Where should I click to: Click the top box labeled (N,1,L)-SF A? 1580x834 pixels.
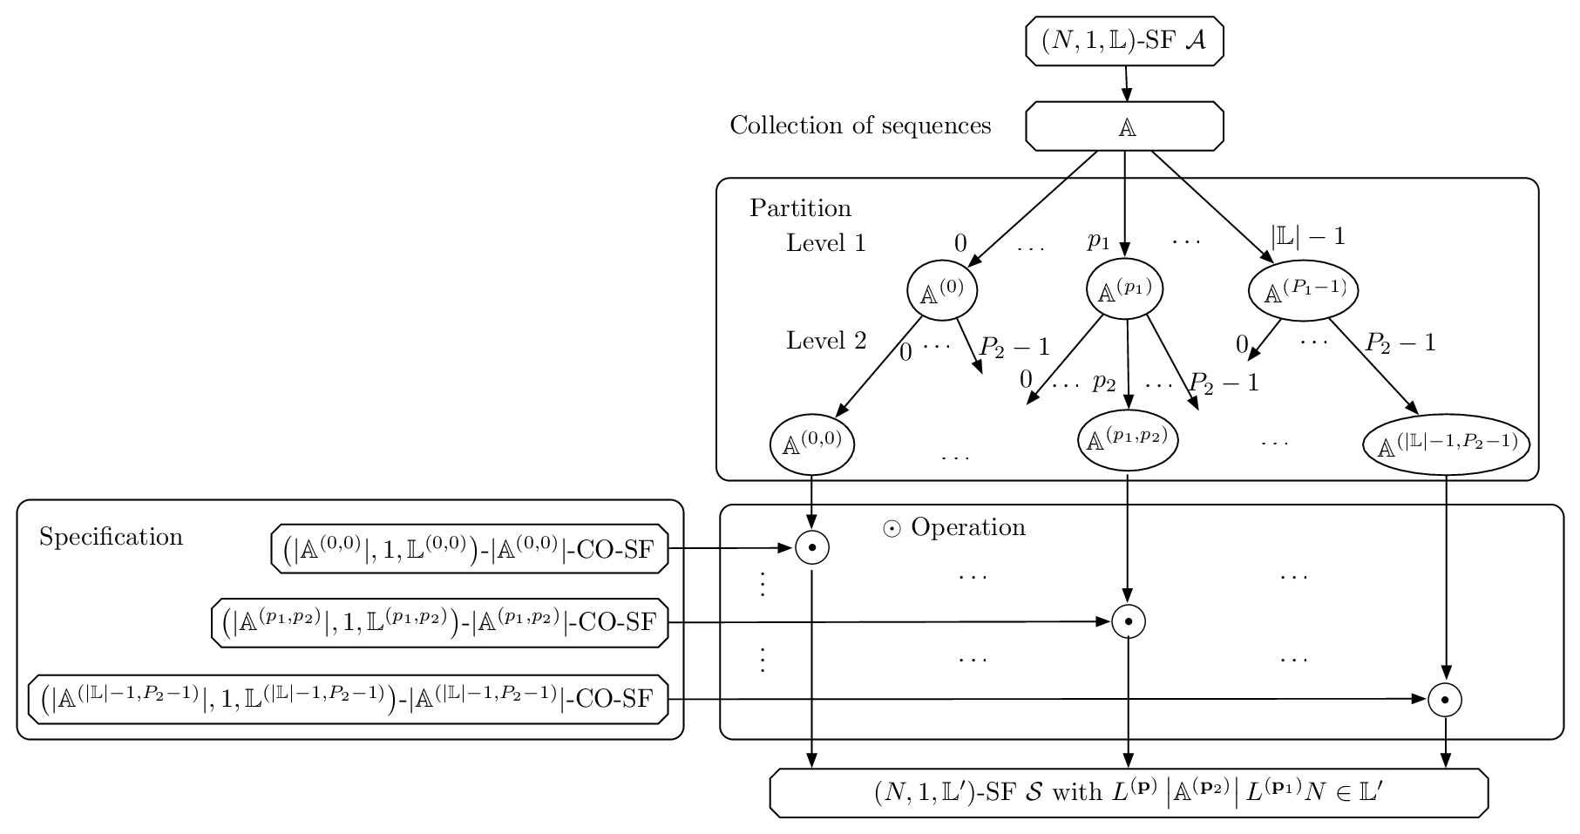pos(1124,41)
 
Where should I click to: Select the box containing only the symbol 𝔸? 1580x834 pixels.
pos(1124,126)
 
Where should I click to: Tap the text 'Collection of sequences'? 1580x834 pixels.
pos(860,125)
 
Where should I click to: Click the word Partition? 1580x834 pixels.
pos(800,208)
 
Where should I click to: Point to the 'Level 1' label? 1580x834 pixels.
pos(826,242)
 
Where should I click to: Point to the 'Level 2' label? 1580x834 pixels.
pos(826,340)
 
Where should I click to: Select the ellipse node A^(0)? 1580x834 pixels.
pos(942,290)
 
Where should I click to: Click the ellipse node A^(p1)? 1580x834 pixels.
pos(1125,288)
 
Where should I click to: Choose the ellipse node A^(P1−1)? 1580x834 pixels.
pos(1305,290)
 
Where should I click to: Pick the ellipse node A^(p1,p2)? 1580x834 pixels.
pos(1129,439)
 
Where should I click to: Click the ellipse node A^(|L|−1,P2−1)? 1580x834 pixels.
pos(1447,444)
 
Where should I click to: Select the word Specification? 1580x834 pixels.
pos(112,537)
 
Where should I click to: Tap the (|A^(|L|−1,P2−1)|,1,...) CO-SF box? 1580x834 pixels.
pos(349,698)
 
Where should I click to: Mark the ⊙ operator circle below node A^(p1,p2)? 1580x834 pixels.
pos(1129,621)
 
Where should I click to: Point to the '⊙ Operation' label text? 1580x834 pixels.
pos(954,527)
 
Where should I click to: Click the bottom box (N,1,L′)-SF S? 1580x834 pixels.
pos(1129,793)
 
